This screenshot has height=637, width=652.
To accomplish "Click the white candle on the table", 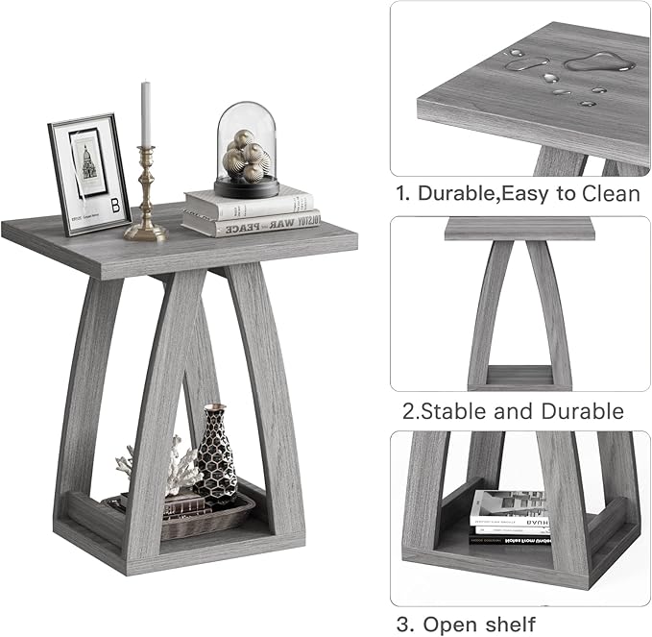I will (x=146, y=113).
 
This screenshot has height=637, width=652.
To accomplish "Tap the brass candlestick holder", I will (x=146, y=197).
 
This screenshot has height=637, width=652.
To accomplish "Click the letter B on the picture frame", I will (x=116, y=206).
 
